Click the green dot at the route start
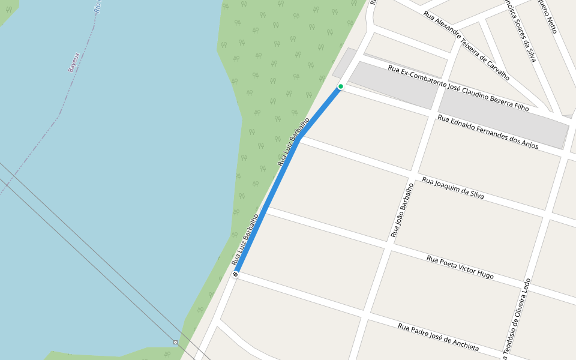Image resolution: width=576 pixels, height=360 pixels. coord(341,86)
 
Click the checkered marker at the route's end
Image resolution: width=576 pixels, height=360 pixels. coord(235,274)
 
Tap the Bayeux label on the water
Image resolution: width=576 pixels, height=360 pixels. coord(74,62)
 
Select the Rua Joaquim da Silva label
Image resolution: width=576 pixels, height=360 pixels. coord(453,188)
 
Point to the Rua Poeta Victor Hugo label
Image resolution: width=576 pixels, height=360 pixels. coord(460,267)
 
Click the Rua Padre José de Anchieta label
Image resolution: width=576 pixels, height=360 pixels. coord(439,337)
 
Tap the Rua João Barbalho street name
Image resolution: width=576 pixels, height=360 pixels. coord(403,210)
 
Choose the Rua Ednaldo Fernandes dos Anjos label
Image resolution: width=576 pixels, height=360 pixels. coord(488,132)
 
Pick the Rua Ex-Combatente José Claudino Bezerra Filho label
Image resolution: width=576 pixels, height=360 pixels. coord(458,88)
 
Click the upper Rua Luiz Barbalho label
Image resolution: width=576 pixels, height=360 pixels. coord(293,142)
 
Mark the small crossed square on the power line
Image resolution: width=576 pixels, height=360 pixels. coord(175,342)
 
